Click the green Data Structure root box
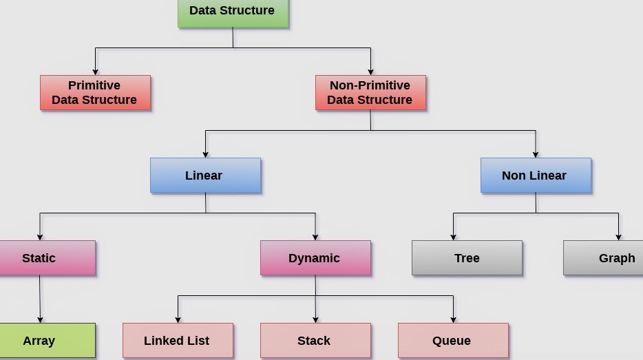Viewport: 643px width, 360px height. (233, 12)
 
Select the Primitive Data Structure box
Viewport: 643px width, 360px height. (95, 93)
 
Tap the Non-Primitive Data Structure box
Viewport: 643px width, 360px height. (370, 93)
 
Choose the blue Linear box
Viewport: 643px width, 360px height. (205, 176)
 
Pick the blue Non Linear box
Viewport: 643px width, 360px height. (536, 176)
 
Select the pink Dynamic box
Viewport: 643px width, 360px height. (315, 258)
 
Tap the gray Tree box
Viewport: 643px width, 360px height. (467, 258)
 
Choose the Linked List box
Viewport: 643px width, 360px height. (178, 341)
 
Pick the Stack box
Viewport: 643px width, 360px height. (315, 341)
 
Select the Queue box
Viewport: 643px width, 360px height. (453, 341)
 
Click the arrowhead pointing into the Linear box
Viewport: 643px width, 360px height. (205, 154)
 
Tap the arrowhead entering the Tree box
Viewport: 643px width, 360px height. (453, 237)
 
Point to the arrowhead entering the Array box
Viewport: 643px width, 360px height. (40, 319)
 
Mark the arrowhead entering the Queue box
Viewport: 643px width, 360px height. (453, 319)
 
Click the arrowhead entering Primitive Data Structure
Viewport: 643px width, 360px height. (95, 72)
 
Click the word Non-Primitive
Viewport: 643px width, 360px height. (370, 85)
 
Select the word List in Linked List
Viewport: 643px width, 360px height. (197, 341)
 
